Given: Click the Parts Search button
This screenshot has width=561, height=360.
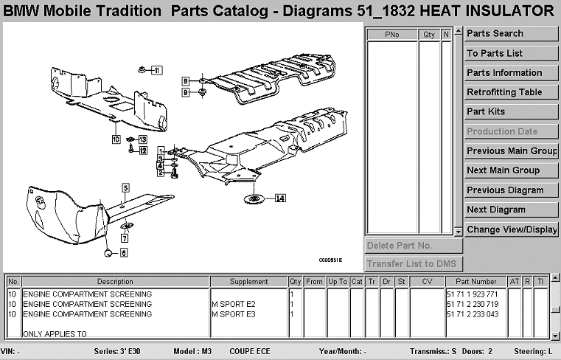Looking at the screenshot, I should tap(511, 33).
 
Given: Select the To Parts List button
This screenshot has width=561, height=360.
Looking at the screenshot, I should tap(511, 53).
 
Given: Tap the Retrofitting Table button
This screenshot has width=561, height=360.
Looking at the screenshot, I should tap(511, 92).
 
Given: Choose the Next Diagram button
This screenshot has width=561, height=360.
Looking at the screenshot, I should tap(511, 210).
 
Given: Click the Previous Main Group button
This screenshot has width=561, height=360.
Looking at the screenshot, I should tap(511, 150).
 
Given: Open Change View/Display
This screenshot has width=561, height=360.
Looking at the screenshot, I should tap(511, 229).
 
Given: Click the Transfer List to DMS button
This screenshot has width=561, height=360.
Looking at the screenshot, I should tap(414, 264).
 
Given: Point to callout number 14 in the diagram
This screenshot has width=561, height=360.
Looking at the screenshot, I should tap(280, 198).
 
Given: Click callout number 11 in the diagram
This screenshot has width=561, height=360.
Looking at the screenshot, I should tap(156, 70).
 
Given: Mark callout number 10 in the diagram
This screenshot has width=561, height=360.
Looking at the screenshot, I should tap(116, 138).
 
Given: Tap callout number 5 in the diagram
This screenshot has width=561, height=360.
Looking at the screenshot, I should tap(125, 187).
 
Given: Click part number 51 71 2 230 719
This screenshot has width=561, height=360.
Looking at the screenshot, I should tap(473, 303).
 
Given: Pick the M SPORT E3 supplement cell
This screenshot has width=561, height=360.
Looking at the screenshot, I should tap(233, 314).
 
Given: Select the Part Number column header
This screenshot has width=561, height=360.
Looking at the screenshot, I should tap(475, 282).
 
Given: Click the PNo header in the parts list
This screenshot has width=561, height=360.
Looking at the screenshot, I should tap(391, 35).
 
